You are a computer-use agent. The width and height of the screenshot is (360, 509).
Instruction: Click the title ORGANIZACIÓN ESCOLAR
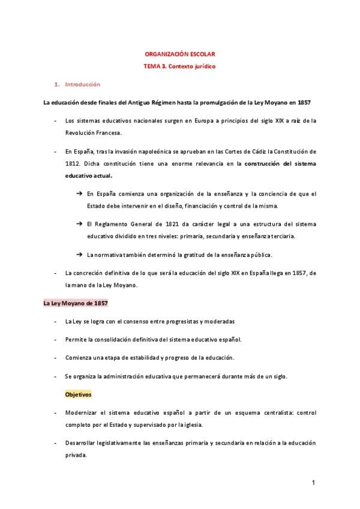(x=180, y=53)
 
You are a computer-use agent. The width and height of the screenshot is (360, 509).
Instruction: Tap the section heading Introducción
(x=82, y=85)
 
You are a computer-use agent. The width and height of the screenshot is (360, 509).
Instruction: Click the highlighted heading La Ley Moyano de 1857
(x=75, y=304)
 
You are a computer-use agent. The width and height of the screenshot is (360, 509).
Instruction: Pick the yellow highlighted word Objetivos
(x=78, y=395)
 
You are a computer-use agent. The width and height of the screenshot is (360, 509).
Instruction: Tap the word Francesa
(x=107, y=133)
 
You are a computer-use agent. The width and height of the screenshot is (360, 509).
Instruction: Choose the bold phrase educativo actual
(x=88, y=176)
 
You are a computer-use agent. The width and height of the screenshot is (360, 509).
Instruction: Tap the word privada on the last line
(x=76, y=456)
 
